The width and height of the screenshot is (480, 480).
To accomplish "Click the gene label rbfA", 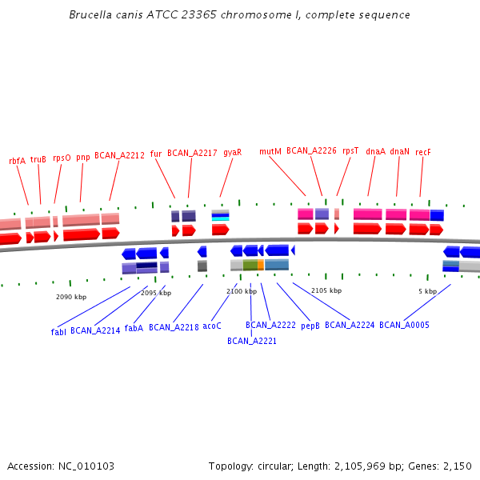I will click(17, 160).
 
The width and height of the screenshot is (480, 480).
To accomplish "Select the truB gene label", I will click(38, 159).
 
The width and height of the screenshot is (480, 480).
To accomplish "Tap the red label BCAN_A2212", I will click(119, 155).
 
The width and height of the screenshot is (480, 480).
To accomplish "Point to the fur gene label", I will click(156, 153).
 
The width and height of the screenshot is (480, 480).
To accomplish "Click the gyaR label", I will click(232, 152).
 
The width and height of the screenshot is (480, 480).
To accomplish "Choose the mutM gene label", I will click(270, 151).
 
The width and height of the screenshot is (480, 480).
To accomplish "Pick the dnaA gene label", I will click(375, 151).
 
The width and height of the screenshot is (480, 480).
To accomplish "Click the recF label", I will click(423, 151).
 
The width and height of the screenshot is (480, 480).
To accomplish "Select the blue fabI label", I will click(58, 331).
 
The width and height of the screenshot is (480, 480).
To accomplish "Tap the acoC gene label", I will click(212, 326).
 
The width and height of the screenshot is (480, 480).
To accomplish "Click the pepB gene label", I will click(310, 326).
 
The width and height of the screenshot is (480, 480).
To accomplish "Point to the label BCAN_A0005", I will click(404, 325).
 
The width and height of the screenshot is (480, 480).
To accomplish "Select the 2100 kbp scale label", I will click(242, 291).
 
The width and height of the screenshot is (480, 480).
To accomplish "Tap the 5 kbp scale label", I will click(427, 291).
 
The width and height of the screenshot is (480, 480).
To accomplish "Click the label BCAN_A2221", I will click(251, 341).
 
